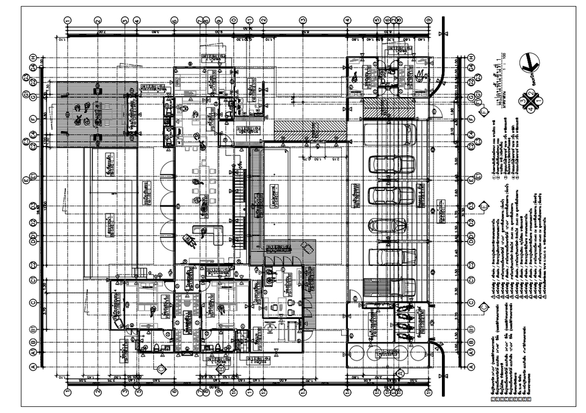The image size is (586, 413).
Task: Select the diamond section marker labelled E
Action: coord(483,206)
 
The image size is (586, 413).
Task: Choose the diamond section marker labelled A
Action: coord(400,373)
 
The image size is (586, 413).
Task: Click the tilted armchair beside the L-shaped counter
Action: coord(190,242)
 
